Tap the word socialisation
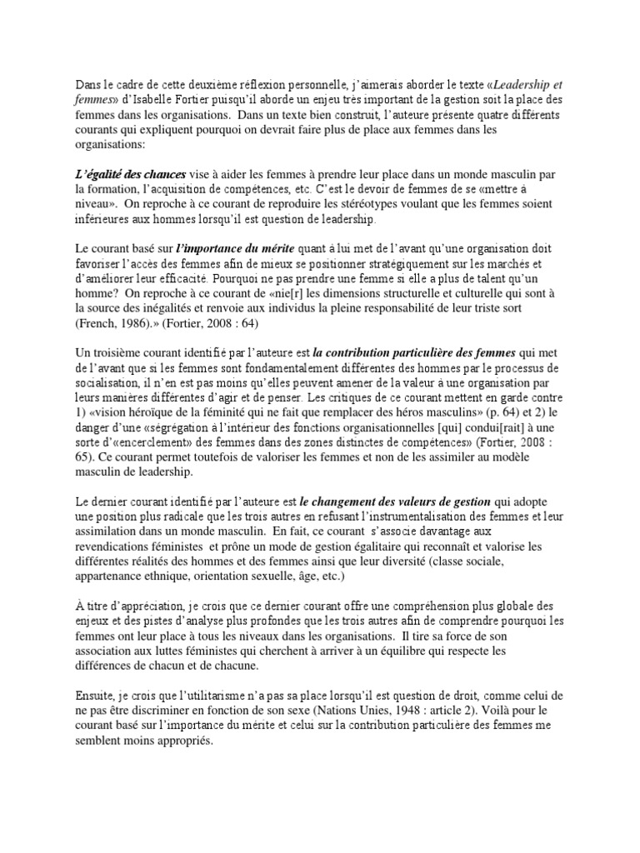coord(103,385)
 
